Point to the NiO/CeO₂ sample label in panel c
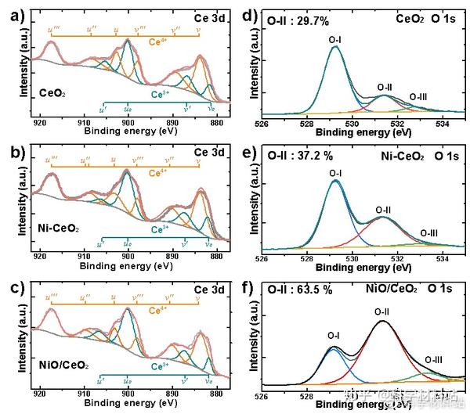[x=64, y=365]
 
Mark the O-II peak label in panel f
[x=381, y=311]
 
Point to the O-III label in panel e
[x=428, y=232]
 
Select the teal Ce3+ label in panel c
[x=160, y=365]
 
